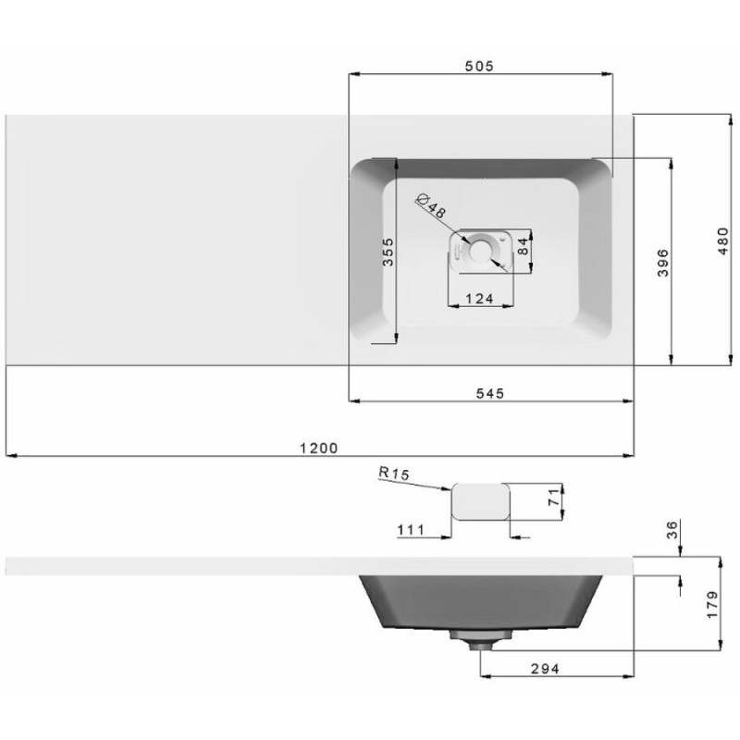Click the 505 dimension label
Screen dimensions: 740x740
tap(479, 66)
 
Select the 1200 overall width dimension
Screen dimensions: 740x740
tap(319, 448)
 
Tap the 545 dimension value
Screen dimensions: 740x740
tap(490, 393)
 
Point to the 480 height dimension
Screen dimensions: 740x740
tap(723, 241)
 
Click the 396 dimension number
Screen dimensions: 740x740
tap(663, 263)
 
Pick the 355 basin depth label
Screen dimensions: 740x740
tap(388, 252)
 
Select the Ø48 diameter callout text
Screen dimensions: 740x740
tap(430, 206)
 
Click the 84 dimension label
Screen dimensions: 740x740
tap(524, 246)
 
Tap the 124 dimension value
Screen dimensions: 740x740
tap(479, 299)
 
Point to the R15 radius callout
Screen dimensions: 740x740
tap(394, 474)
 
